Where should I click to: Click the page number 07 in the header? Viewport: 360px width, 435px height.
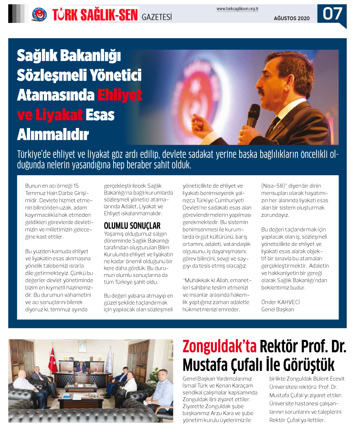[333, 13]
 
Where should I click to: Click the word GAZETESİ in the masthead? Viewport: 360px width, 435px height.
[157, 18]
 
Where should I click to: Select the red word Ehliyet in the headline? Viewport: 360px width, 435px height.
[120, 95]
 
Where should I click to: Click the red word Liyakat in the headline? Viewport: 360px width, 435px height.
[56, 115]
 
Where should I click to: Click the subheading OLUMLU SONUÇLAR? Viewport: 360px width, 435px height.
[132, 225]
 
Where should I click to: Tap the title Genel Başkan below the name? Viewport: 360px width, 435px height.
[278, 309]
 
